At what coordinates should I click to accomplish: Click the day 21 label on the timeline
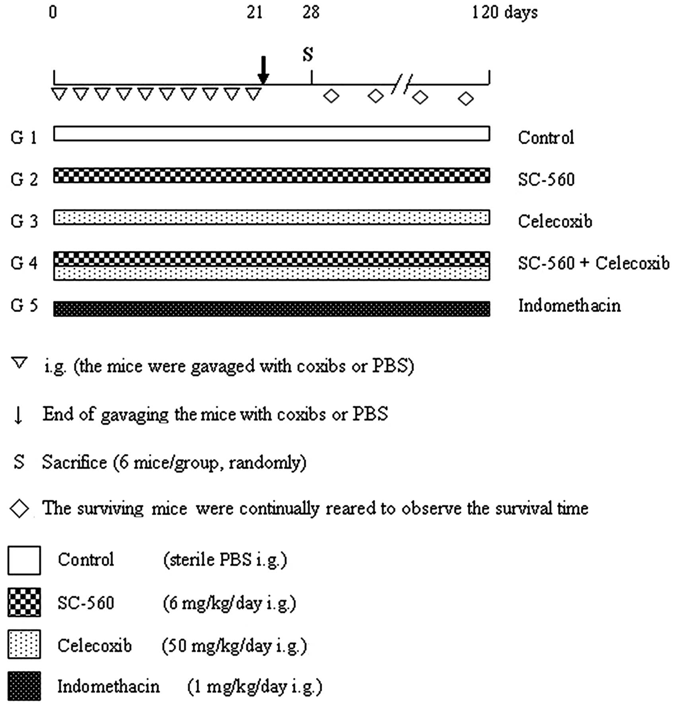(x=255, y=13)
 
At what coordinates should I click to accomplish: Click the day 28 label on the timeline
(x=311, y=13)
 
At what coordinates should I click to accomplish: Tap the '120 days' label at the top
(x=504, y=13)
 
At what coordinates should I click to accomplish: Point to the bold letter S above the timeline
(x=308, y=54)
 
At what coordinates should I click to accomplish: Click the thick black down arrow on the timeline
(x=263, y=70)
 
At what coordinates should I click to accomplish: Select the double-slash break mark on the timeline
(x=402, y=84)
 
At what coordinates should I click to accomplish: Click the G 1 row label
(x=24, y=138)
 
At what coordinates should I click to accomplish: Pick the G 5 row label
(x=24, y=306)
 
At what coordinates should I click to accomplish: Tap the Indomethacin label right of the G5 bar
(x=569, y=306)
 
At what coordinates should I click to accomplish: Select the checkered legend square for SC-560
(x=24, y=602)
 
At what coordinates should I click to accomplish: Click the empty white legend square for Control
(x=24, y=560)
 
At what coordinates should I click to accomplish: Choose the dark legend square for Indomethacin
(x=24, y=686)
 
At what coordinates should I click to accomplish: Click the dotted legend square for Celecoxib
(x=24, y=644)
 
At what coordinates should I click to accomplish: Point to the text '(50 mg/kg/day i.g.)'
(x=235, y=646)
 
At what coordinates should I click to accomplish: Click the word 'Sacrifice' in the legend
(x=74, y=462)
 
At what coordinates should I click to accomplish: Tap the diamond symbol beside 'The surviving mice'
(x=19, y=508)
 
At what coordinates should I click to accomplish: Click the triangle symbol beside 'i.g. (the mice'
(x=19, y=363)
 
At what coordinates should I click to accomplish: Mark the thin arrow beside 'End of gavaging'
(x=18, y=415)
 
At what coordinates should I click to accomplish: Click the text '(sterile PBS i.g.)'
(x=225, y=560)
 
